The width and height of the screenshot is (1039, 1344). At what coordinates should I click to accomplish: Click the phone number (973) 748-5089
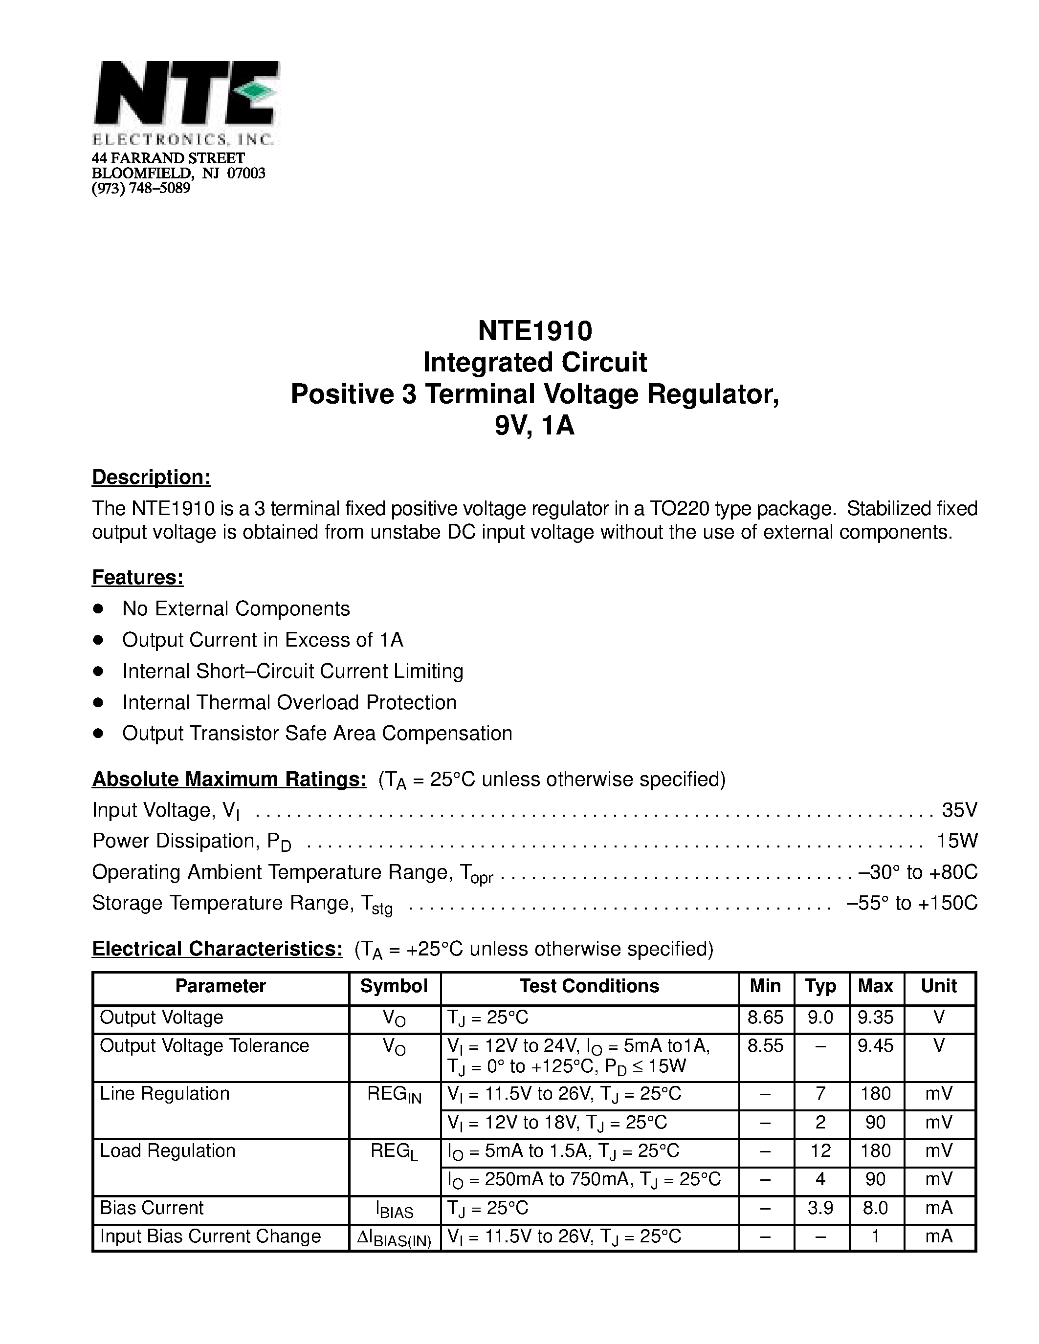pyautogui.click(x=141, y=188)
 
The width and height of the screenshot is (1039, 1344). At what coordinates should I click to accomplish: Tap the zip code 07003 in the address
pyautogui.click(x=246, y=173)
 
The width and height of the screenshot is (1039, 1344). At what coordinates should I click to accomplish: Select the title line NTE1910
pyautogui.click(x=534, y=331)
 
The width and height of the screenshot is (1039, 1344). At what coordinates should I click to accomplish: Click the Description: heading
pyautogui.click(x=152, y=477)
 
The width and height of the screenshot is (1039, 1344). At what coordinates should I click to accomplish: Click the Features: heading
pyautogui.click(x=138, y=577)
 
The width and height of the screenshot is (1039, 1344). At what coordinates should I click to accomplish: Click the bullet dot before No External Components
pyautogui.click(x=97, y=608)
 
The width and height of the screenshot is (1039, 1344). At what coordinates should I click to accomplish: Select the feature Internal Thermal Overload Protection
pyautogui.click(x=289, y=702)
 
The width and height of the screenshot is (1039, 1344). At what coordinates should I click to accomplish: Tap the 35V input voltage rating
pyautogui.click(x=959, y=810)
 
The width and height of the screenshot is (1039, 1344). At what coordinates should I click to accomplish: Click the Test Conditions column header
pyautogui.click(x=589, y=986)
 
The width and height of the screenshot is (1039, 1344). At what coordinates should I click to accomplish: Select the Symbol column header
pyautogui.click(x=394, y=986)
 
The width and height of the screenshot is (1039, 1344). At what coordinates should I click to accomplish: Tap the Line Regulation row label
pyautogui.click(x=164, y=1094)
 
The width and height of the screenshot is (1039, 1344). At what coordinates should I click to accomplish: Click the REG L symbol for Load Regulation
pyautogui.click(x=394, y=1152)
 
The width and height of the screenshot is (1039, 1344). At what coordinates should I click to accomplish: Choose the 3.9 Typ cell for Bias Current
pyautogui.click(x=820, y=1208)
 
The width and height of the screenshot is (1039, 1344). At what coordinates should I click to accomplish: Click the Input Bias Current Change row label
pyautogui.click(x=211, y=1236)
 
